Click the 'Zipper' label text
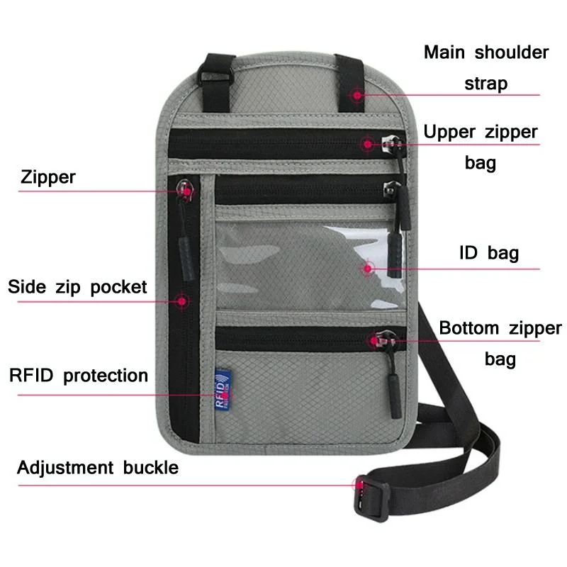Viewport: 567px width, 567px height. (x=47, y=176)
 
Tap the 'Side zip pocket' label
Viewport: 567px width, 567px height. (x=77, y=287)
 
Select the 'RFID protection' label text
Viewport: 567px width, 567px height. (x=78, y=375)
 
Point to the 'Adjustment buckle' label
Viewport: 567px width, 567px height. (x=98, y=468)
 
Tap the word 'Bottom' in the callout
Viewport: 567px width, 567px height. (x=468, y=328)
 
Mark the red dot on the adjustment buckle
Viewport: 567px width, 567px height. (x=359, y=485)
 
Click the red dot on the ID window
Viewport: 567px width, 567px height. (x=369, y=268)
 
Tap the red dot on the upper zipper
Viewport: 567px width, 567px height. (x=367, y=144)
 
